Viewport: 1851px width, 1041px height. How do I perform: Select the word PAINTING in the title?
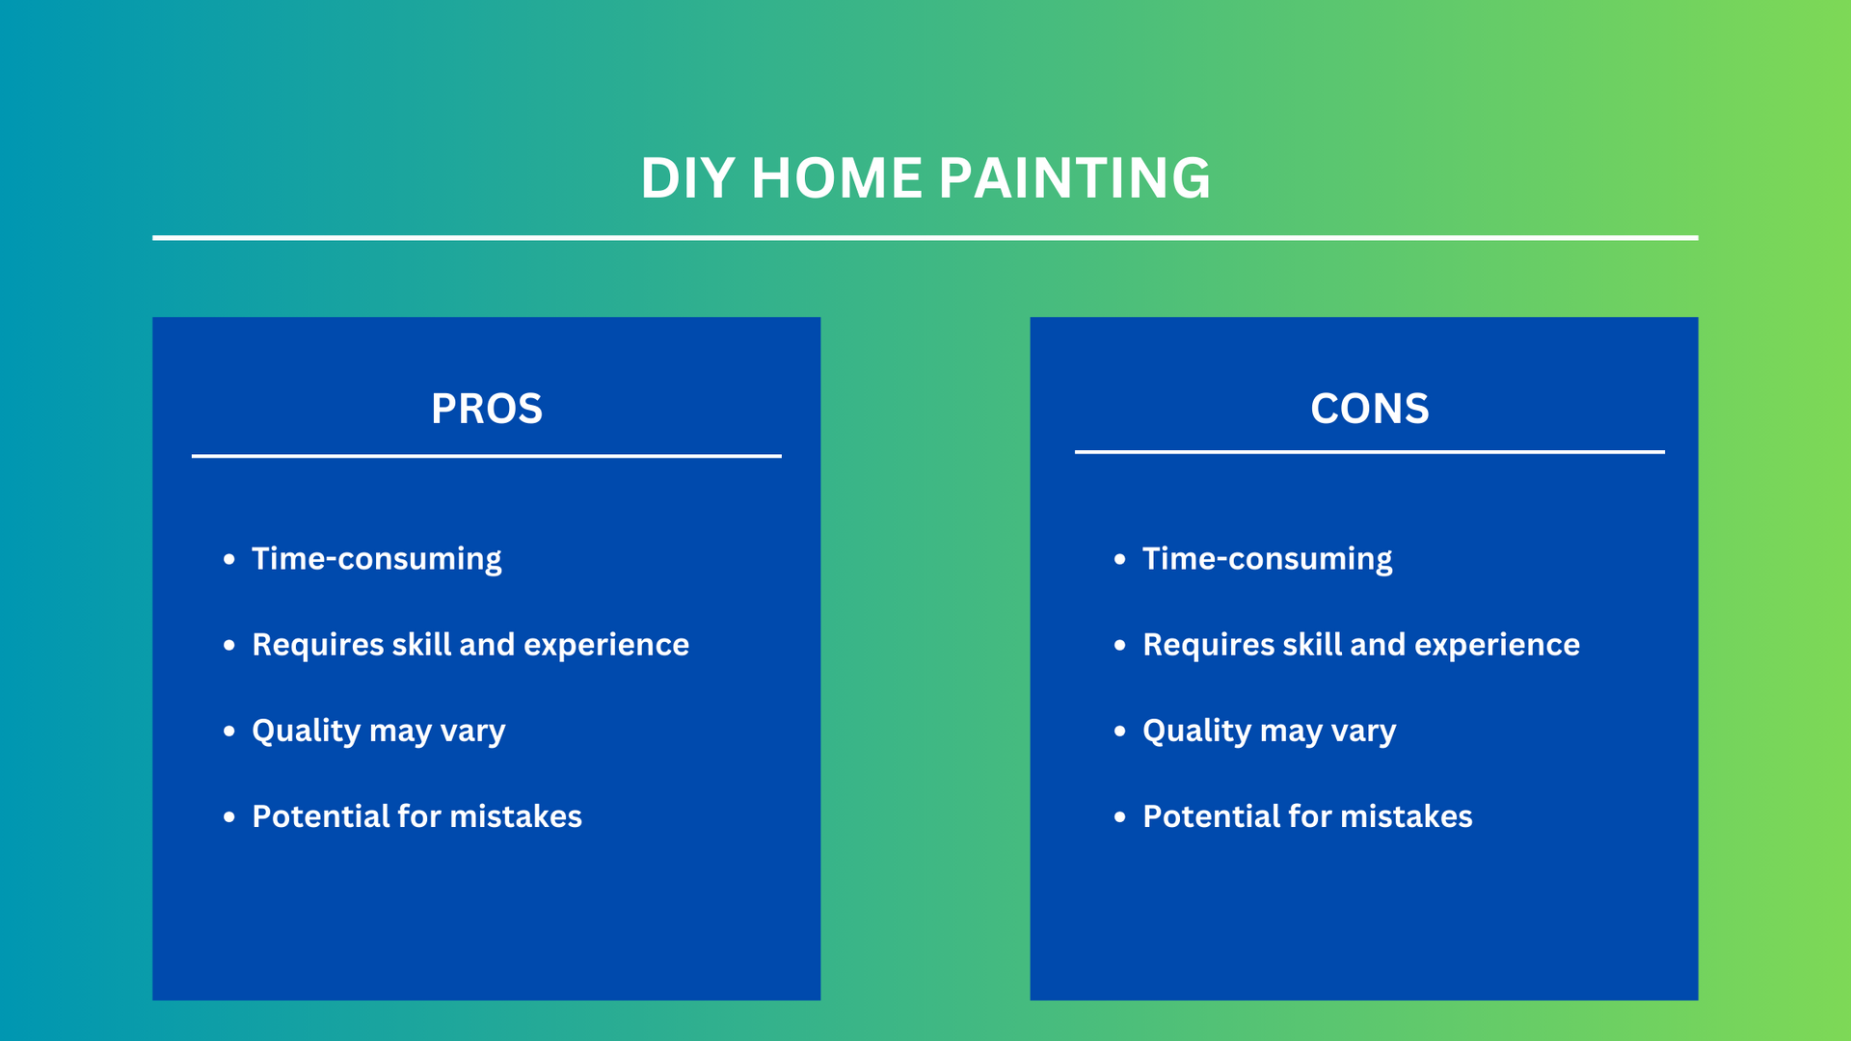pyautogui.click(x=1075, y=178)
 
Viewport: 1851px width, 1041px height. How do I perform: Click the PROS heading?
pyautogui.click(x=487, y=409)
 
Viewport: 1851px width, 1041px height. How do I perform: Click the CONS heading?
pyautogui.click(x=1370, y=409)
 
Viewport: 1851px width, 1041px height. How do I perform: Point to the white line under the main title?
pyautogui.click(x=925, y=237)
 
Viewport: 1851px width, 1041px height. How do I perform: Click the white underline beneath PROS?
pyautogui.click(x=487, y=456)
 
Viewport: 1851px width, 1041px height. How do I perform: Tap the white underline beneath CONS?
pyautogui.click(x=1370, y=451)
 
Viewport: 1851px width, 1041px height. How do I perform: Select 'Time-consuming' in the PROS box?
pyautogui.click(x=377, y=560)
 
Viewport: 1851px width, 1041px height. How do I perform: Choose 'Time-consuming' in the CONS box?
pyautogui.click(x=1268, y=560)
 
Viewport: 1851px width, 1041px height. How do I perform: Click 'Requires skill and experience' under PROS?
pyautogui.click(x=470, y=645)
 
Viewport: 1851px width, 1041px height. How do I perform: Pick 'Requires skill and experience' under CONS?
pyautogui.click(x=1361, y=645)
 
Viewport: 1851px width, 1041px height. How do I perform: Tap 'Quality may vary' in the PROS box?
pyautogui.click(x=379, y=732)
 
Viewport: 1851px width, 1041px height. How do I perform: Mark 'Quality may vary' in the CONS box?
pyautogui.click(x=1270, y=732)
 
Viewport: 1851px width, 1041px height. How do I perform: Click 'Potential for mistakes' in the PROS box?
pyautogui.click(x=417, y=816)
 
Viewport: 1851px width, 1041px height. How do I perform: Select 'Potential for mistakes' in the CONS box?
pyautogui.click(x=1308, y=816)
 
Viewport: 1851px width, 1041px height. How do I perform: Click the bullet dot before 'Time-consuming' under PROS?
pyautogui.click(x=229, y=559)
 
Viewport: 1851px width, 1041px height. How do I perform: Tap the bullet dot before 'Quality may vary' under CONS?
pyautogui.click(x=1120, y=731)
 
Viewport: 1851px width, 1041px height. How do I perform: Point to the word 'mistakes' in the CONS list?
pyautogui.click(x=1407, y=816)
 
